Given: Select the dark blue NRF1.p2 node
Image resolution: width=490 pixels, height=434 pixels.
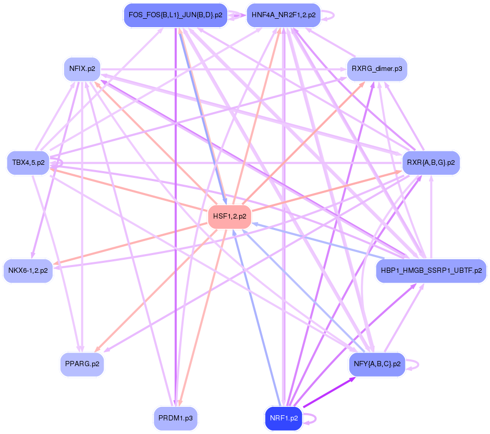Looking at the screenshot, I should [284, 418].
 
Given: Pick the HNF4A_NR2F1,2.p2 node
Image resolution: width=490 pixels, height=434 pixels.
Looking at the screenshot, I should [283, 15].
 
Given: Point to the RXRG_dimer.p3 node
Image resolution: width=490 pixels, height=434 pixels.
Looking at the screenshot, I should [376, 68].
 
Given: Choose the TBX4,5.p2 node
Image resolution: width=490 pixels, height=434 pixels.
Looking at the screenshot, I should [29, 163].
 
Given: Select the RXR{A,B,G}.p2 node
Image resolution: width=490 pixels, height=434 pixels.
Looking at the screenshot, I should [431, 163].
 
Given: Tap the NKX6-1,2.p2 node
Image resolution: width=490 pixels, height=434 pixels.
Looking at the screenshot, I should [28, 271].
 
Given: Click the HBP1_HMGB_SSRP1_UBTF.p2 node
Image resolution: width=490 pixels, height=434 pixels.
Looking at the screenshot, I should [431, 271].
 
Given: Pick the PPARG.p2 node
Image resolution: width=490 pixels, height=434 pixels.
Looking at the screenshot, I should [82, 364].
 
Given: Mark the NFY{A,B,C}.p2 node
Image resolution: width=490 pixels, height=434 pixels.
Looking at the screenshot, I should [376, 364].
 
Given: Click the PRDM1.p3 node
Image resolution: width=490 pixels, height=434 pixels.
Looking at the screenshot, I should [176, 418].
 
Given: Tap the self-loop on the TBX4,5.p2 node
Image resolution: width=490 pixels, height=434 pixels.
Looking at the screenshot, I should [62, 163].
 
